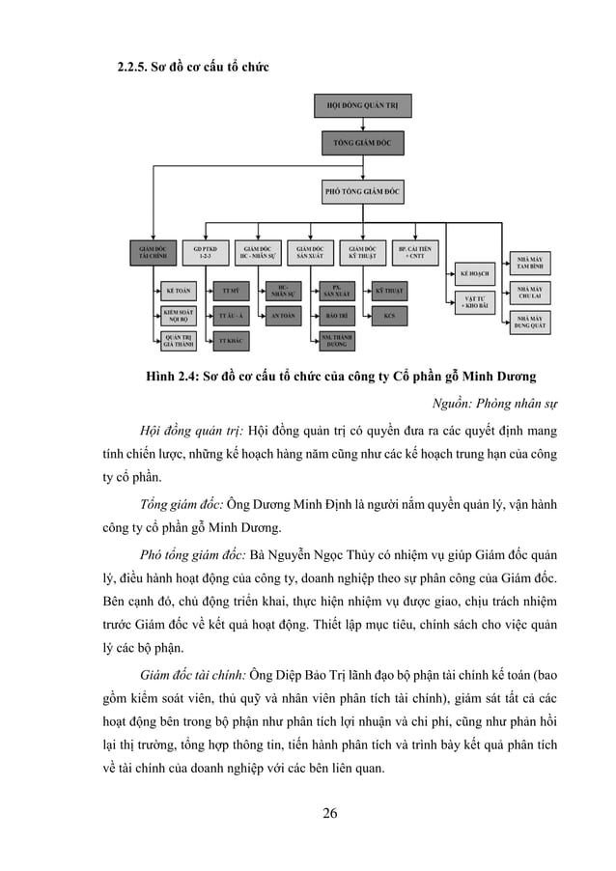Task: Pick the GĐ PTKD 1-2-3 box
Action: tap(205, 253)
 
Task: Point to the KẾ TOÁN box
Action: tap(176, 290)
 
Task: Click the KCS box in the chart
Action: tap(388, 316)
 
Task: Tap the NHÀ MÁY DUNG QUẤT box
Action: tap(529, 322)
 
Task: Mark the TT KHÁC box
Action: tap(230, 341)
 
